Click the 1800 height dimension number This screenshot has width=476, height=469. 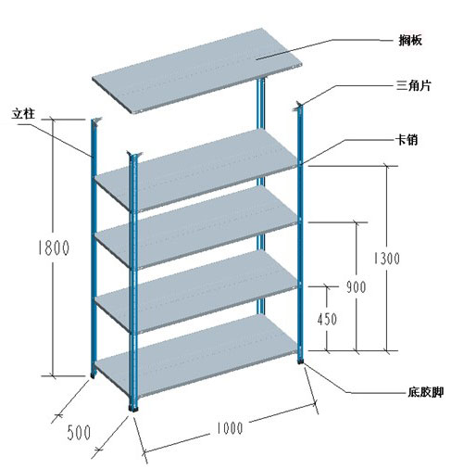click(x=54, y=247)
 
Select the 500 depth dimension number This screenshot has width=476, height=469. click(x=79, y=432)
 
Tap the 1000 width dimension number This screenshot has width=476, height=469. click(x=229, y=428)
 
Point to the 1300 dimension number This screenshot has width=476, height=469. click(x=386, y=259)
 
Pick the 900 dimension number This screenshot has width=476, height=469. click(x=356, y=287)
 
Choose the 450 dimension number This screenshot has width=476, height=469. click(x=327, y=319)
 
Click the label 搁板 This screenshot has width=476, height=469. click(x=410, y=40)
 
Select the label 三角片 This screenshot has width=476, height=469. click(x=413, y=85)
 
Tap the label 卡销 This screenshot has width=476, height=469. click(x=407, y=140)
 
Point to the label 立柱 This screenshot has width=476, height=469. click(x=23, y=114)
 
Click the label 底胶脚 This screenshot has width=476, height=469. click(x=426, y=392)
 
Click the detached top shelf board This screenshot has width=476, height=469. click(x=197, y=70)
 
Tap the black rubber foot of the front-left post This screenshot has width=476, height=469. click(x=133, y=409)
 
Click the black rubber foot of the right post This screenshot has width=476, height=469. click(x=300, y=360)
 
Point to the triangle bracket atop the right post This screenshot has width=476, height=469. click(x=297, y=106)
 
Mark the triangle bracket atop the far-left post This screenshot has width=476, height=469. click(x=97, y=120)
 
